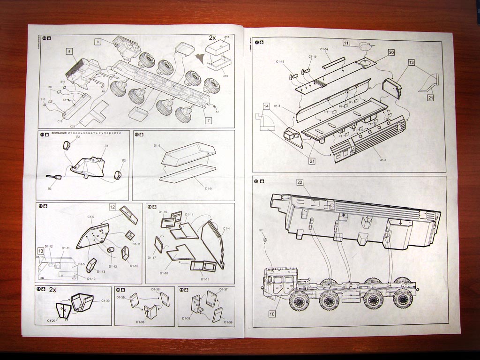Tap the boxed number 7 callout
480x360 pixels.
point(208,120)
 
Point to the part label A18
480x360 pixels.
point(226,37)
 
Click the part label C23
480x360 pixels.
point(73,126)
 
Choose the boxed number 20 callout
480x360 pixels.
point(391,52)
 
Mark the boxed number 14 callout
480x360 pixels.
point(267,106)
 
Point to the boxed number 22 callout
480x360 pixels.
point(300,182)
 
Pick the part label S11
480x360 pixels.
point(262,230)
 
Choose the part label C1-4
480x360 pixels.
point(226,228)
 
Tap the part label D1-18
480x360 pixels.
point(164,273)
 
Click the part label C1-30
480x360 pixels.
point(105,300)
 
